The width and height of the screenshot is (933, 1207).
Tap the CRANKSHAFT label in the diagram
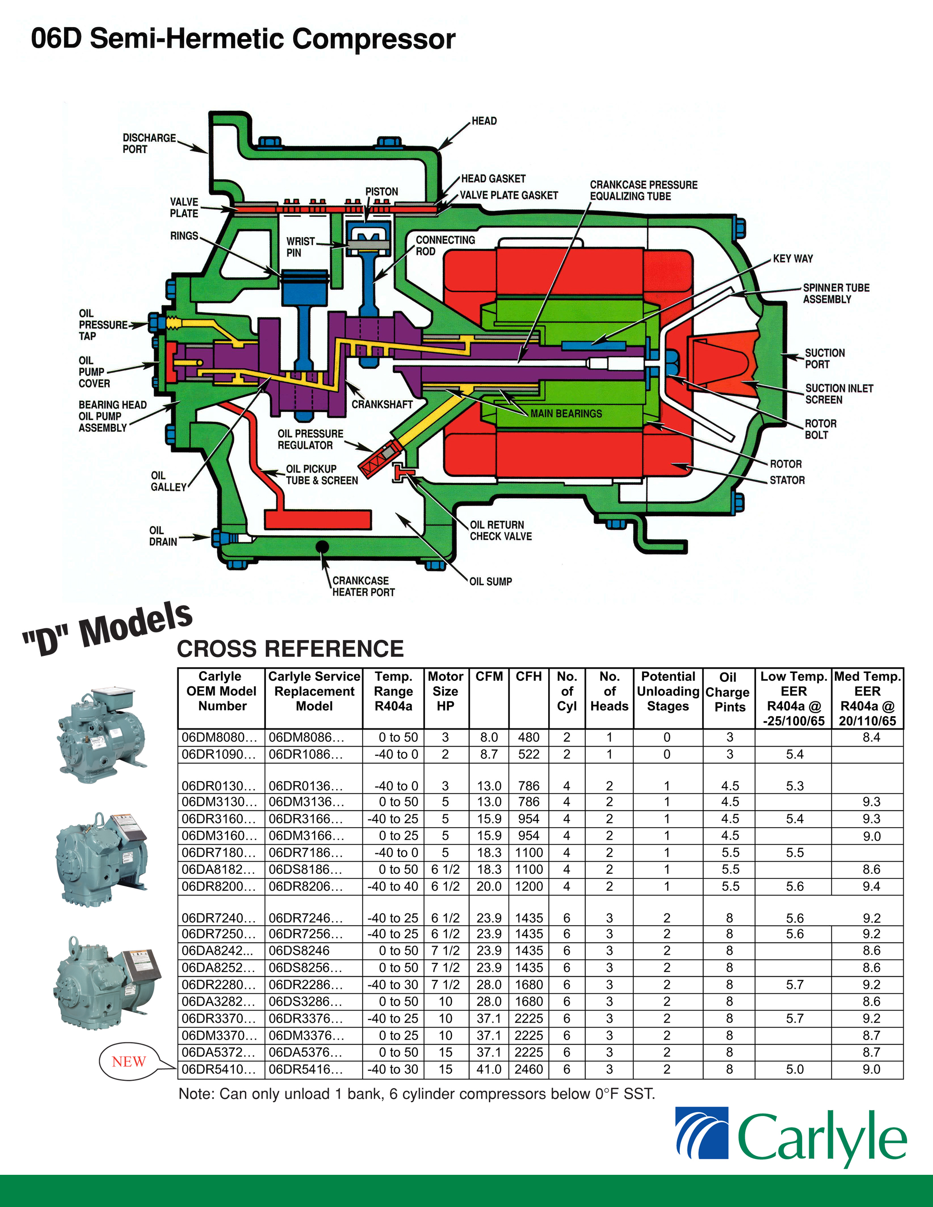(382, 404)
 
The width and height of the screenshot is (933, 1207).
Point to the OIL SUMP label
(490, 582)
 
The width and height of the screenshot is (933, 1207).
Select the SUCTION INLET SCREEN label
(839, 394)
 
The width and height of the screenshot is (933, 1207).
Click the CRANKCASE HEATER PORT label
(363, 586)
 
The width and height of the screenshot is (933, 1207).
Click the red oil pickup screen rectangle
(318, 519)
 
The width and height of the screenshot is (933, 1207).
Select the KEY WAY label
(793, 259)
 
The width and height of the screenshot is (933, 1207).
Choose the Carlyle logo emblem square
(701, 1140)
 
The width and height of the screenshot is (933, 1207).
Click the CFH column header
(528, 676)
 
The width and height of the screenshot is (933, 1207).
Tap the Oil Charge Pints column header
(728, 692)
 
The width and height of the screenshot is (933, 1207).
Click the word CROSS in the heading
(217, 649)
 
